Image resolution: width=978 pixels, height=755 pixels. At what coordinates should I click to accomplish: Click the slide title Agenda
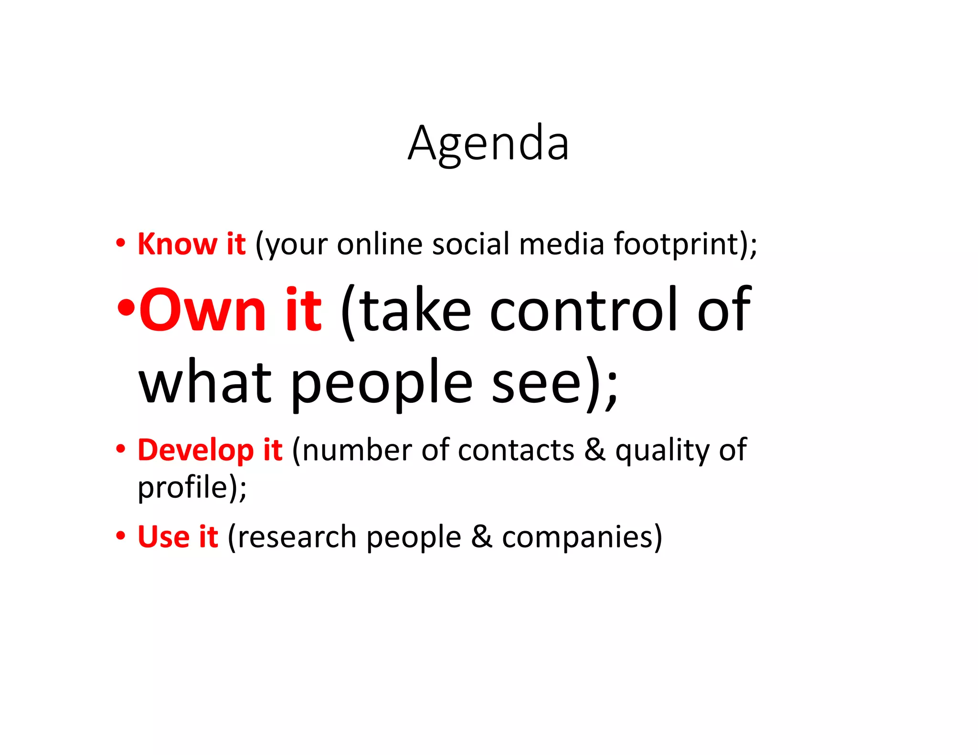tap(488, 143)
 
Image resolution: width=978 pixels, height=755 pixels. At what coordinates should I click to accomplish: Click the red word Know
tap(177, 244)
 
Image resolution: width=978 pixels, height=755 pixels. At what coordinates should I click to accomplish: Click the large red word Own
tap(202, 310)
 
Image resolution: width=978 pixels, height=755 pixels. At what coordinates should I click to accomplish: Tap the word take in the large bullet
tap(415, 310)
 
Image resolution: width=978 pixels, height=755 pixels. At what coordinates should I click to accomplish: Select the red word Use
tap(164, 537)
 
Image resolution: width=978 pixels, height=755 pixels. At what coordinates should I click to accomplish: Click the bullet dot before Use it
tap(121, 536)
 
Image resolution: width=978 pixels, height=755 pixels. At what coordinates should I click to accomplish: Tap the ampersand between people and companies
tap(481, 536)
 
